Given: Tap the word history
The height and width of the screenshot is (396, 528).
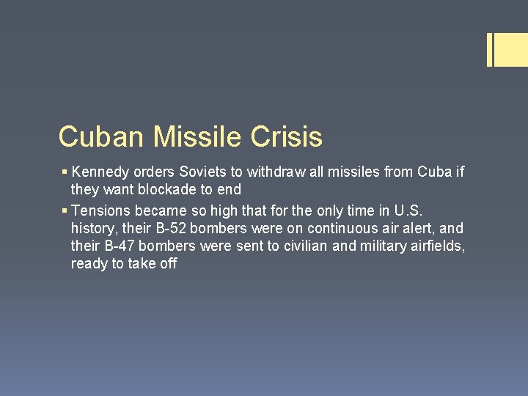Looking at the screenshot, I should point(93,227).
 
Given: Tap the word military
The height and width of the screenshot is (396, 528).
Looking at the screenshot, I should point(384,246).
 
